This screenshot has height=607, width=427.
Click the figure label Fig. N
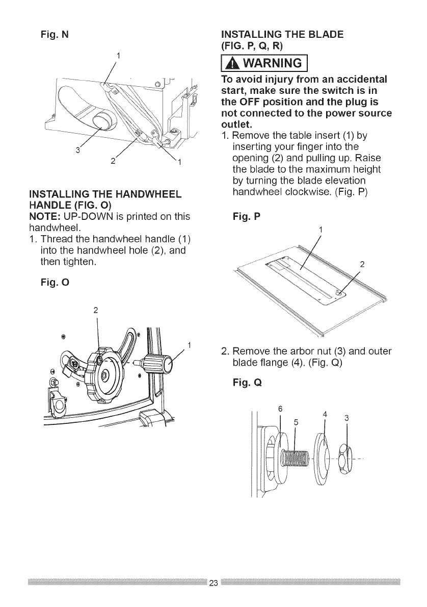[54, 35]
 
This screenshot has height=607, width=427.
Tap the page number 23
[213, 583]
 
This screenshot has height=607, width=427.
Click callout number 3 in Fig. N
[78, 149]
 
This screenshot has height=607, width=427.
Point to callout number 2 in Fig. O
[96, 309]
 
